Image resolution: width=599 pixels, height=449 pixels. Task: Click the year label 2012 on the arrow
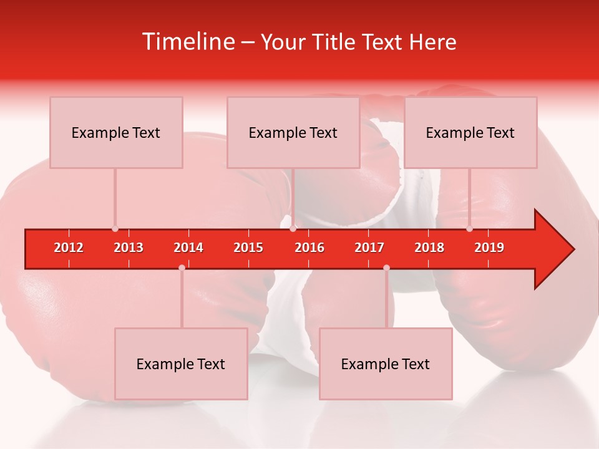pos(69,248)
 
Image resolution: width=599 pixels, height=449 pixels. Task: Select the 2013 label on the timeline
pos(129,248)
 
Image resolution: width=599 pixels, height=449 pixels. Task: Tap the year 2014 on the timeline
pos(188,248)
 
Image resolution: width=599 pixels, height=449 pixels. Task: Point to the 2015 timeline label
pos(248,248)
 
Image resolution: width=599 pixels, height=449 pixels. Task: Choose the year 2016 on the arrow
pos(309,248)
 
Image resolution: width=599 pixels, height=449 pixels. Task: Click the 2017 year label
pos(369,248)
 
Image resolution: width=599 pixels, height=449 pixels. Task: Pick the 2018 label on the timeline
pos(429,248)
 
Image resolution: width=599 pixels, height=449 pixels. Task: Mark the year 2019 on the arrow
pos(489,248)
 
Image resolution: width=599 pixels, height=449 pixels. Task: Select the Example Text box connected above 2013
pos(116,133)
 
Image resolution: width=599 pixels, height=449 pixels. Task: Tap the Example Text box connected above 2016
pos(293,133)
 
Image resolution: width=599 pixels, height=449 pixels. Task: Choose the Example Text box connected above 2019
pos(470,133)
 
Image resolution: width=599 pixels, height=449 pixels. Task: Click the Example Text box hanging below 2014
pos(181,364)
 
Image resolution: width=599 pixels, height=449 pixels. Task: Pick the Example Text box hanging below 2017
pos(386,364)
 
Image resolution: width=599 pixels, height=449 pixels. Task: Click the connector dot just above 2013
pos(115,229)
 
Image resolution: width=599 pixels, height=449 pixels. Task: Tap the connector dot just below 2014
pos(182,268)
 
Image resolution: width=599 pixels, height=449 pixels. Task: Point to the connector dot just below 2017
pos(386,268)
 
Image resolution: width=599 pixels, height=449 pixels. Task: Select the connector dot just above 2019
pos(469,229)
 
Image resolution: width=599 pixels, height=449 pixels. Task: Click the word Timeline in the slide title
pos(189,42)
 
